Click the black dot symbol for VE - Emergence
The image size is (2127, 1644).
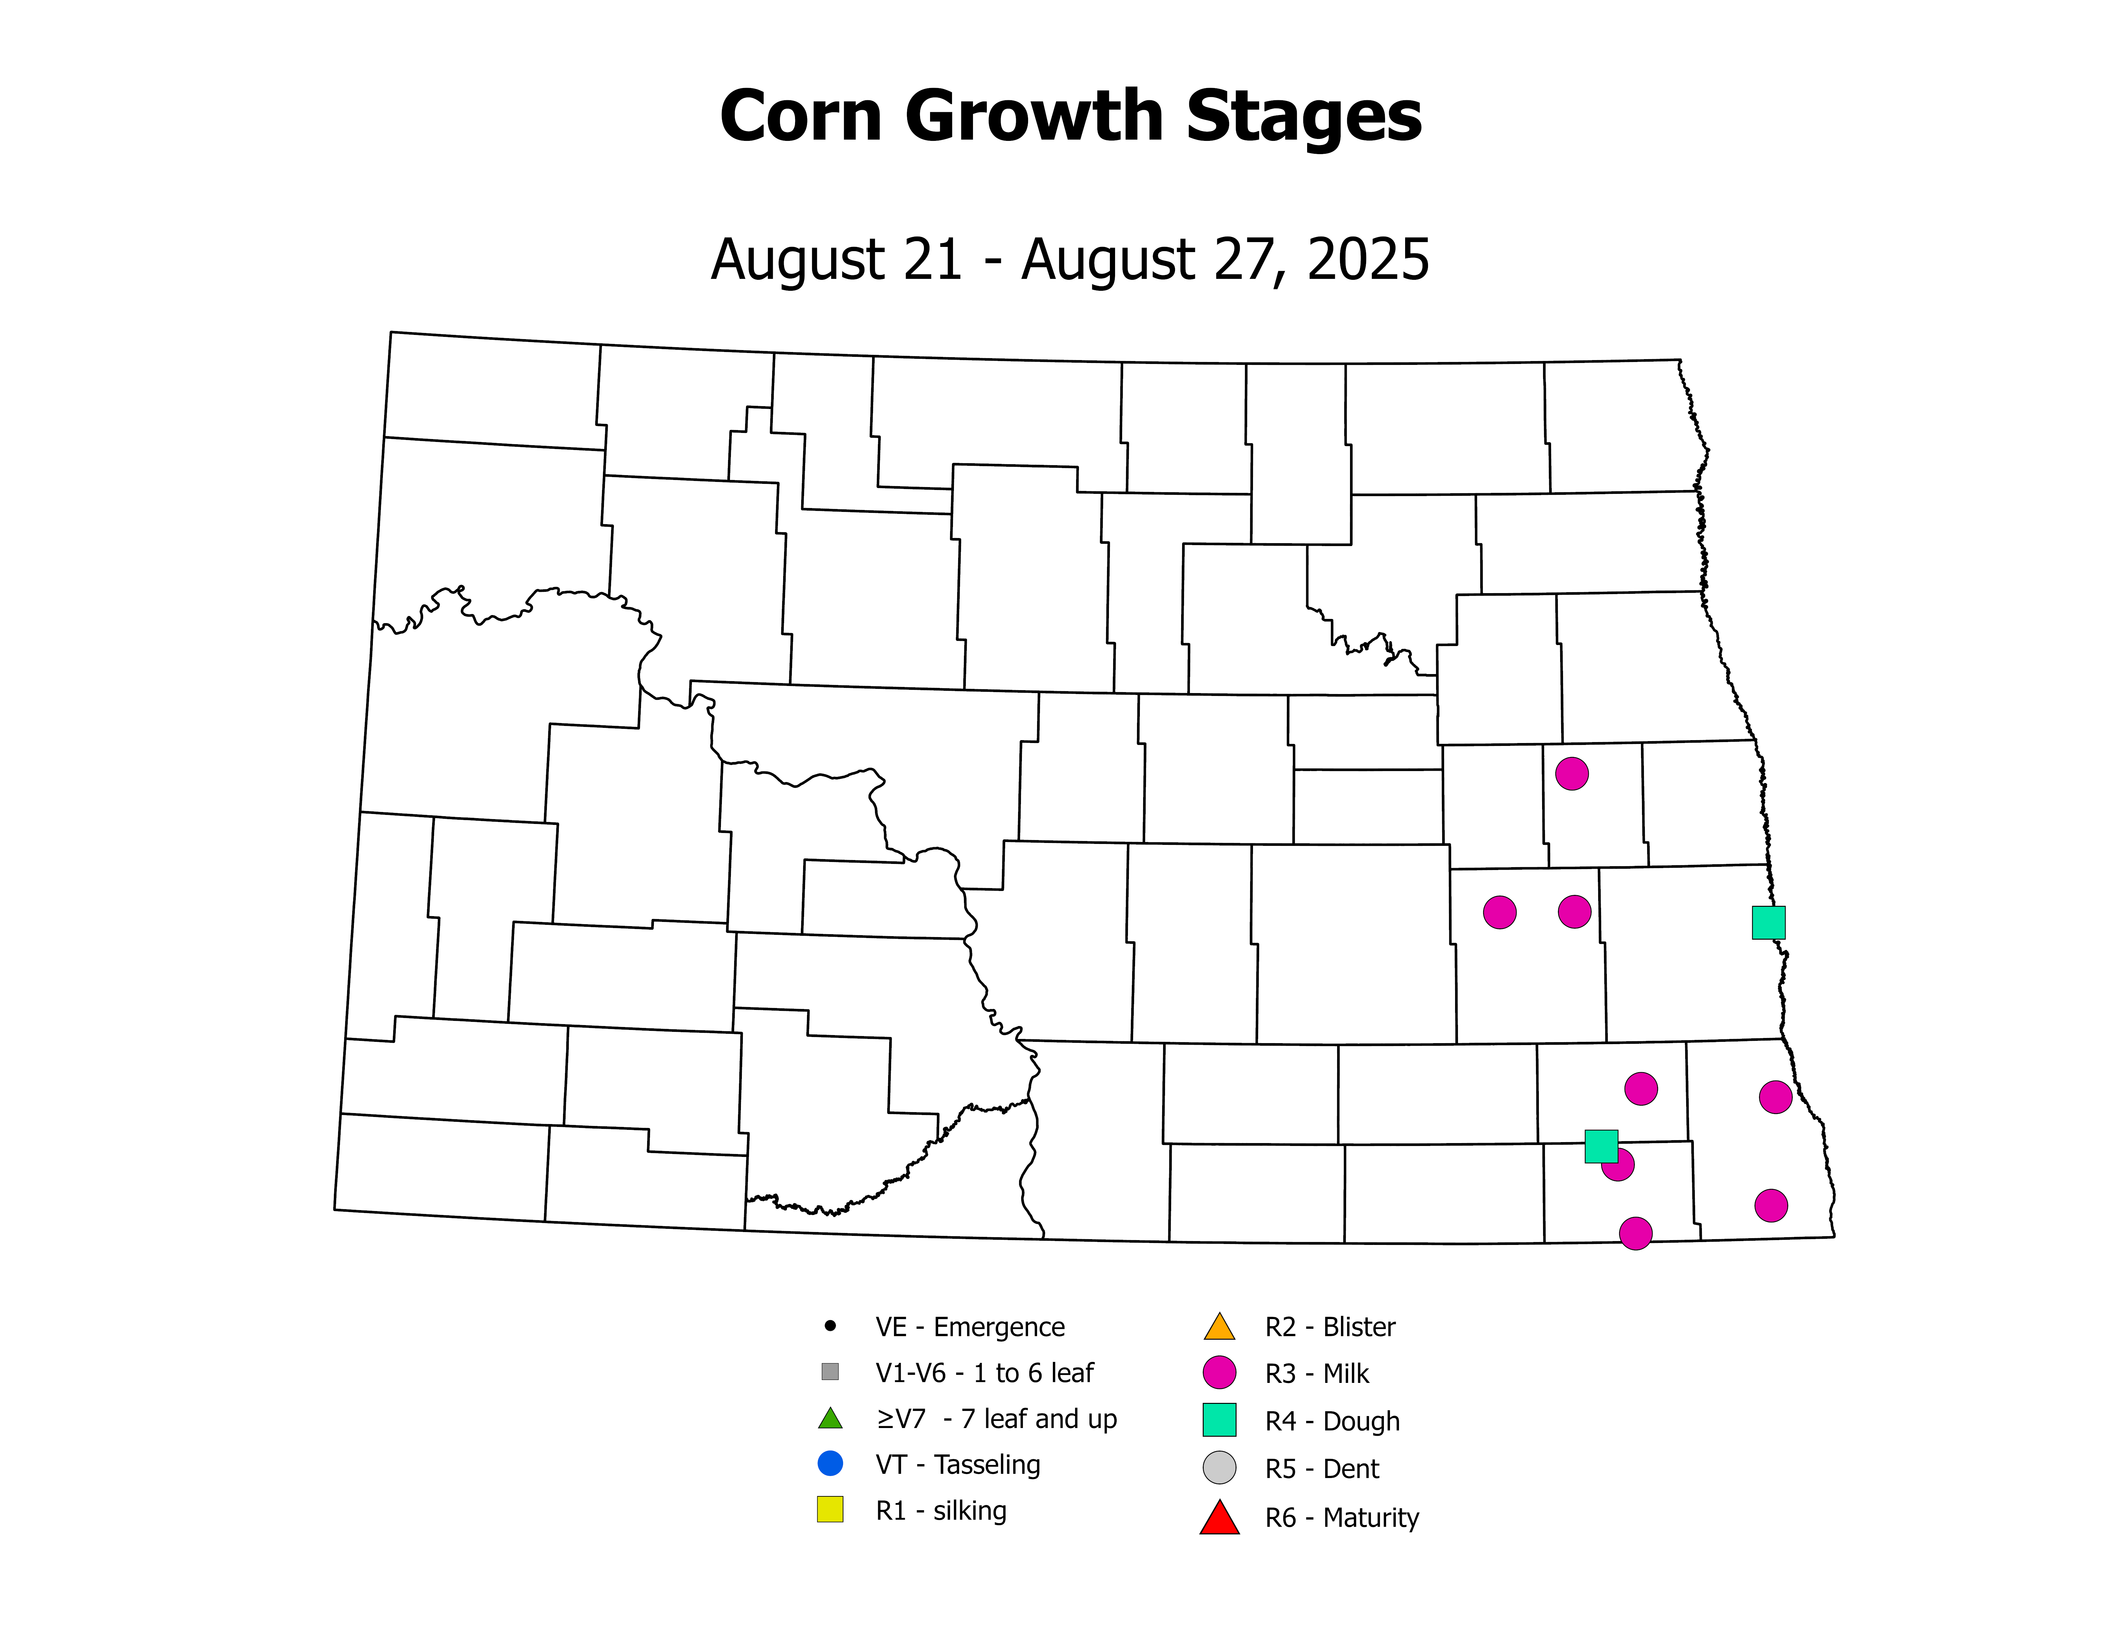pyautogui.click(x=830, y=1326)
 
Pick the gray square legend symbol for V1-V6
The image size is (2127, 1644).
pyautogui.click(x=830, y=1371)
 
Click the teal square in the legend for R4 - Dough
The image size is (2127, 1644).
pyautogui.click(x=1219, y=1420)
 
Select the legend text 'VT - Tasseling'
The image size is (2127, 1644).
pyautogui.click(x=957, y=1465)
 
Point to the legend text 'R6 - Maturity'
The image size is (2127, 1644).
pyautogui.click(x=1341, y=1517)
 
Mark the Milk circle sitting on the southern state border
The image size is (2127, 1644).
pyautogui.click(x=1635, y=1233)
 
